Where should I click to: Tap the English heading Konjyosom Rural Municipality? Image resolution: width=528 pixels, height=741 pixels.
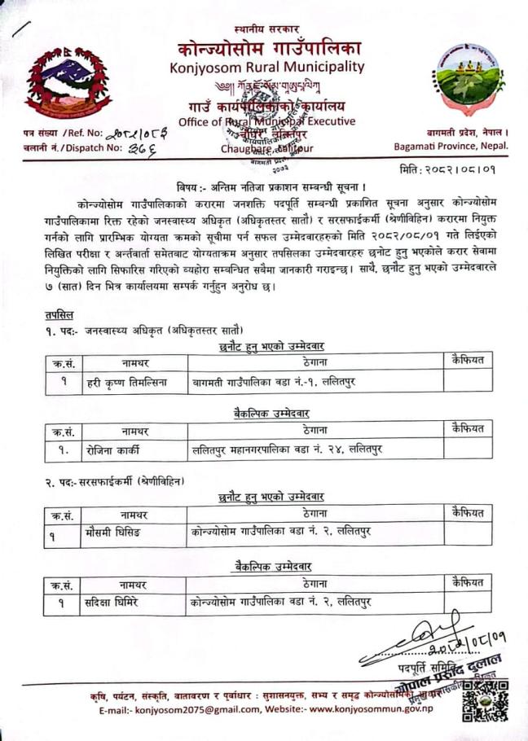267,66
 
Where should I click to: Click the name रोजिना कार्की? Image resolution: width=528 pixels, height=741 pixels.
114,448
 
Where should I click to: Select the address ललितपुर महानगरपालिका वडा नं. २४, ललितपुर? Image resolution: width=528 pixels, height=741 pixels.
288,448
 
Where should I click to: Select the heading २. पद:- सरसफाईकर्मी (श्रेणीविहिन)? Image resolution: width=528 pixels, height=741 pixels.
114,481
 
